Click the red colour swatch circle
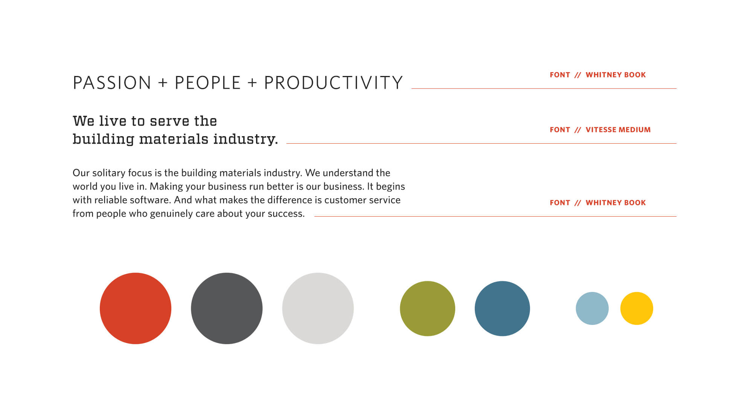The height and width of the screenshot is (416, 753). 136,308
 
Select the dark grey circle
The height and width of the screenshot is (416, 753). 227,308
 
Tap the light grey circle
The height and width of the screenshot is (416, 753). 318,308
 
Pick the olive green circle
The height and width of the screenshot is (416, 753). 427,308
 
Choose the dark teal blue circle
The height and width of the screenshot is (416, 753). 502,308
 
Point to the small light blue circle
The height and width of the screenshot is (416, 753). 592,308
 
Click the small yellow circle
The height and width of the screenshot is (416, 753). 637,308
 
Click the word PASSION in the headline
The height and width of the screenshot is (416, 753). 112,83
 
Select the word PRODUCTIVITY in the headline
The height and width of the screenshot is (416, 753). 334,83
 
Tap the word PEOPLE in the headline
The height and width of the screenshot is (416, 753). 207,83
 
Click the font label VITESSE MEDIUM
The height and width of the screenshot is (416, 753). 618,130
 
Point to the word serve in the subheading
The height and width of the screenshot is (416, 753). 169,121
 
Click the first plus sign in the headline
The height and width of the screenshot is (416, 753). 163,83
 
